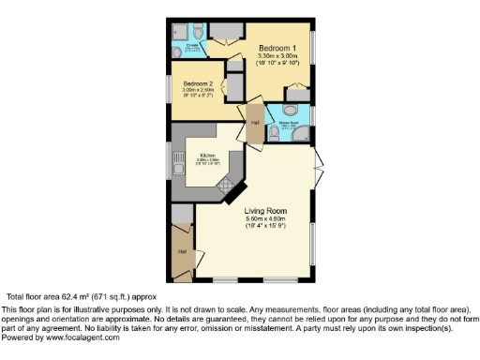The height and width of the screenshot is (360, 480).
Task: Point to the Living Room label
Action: coord(265,210)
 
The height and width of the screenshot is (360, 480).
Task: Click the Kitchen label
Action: coord(207,155)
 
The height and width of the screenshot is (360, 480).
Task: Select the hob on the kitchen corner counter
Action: coord(228,188)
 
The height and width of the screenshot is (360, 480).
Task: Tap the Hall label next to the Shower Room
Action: coord(254,122)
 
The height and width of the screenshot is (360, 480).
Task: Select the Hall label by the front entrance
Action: coord(183,252)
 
